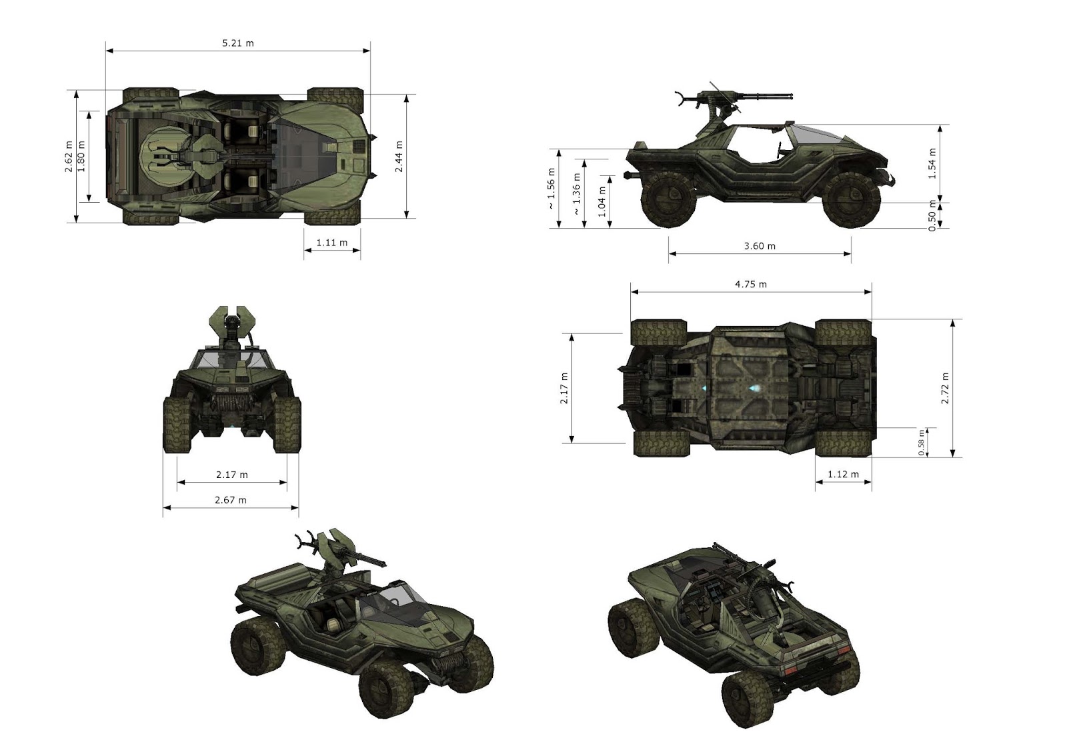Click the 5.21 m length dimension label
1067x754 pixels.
pos(238,43)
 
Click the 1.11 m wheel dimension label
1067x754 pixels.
pos(332,243)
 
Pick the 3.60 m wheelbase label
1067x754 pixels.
pos(760,246)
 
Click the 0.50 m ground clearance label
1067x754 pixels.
pos(932,217)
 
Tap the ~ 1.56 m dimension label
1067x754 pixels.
pos(552,189)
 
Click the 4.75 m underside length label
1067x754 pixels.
pos(751,284)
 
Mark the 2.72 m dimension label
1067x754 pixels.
pos(945,388)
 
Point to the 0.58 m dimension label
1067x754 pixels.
pos(922,443)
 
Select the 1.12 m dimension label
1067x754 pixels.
pos(843,474)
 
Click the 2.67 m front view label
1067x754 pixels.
pos(231,499)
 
